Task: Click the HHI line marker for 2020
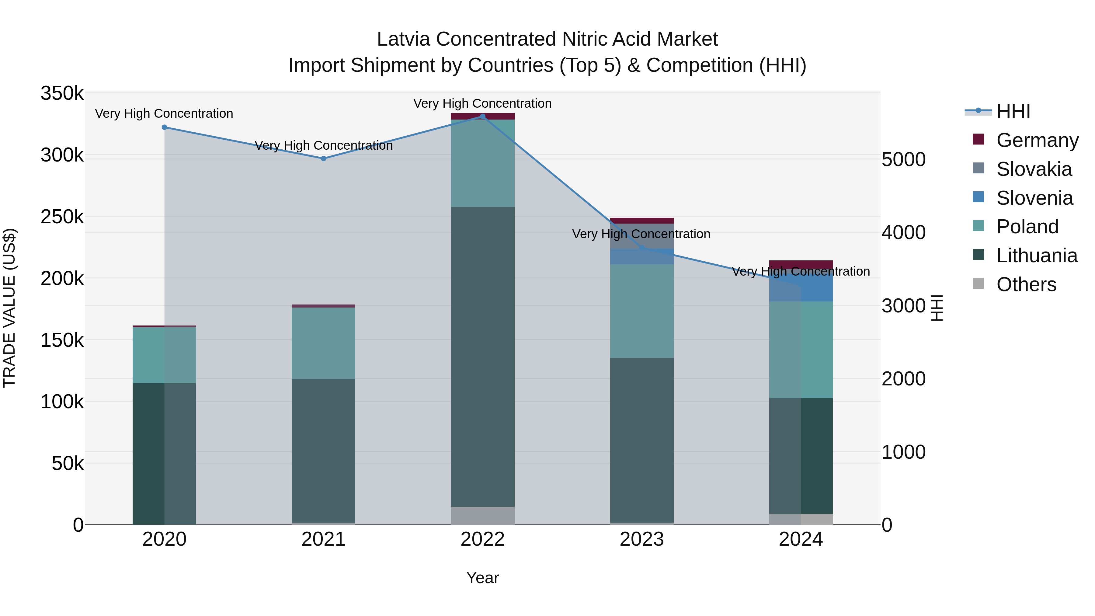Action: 165,127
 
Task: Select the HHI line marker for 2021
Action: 324,158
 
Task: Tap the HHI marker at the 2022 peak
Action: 482,116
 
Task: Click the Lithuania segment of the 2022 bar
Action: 482,357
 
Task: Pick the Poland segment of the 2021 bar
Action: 324,343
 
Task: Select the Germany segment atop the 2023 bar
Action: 641,221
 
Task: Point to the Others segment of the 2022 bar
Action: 482,515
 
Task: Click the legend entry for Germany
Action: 1037,140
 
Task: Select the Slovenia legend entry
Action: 1034,198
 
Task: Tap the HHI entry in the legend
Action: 1013,111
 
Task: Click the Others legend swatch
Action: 978,284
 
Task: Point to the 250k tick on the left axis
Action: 62,217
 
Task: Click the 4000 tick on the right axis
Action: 903,232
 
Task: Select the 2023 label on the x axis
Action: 641,539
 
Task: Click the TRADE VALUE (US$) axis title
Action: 9,308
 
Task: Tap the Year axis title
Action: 482,578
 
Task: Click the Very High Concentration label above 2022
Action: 482,103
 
